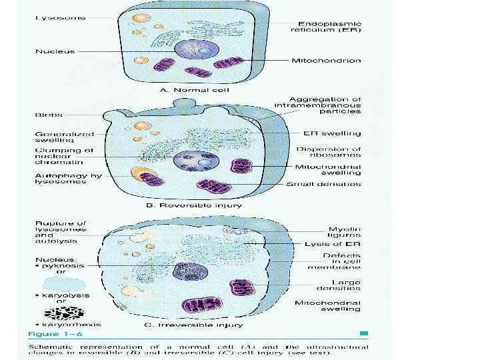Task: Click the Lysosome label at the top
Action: (x=60, y=17)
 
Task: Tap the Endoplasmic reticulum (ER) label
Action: (x=327, y=25)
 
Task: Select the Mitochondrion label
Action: (x=327, y=61)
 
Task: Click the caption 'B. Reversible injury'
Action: (x=195, y=205)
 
